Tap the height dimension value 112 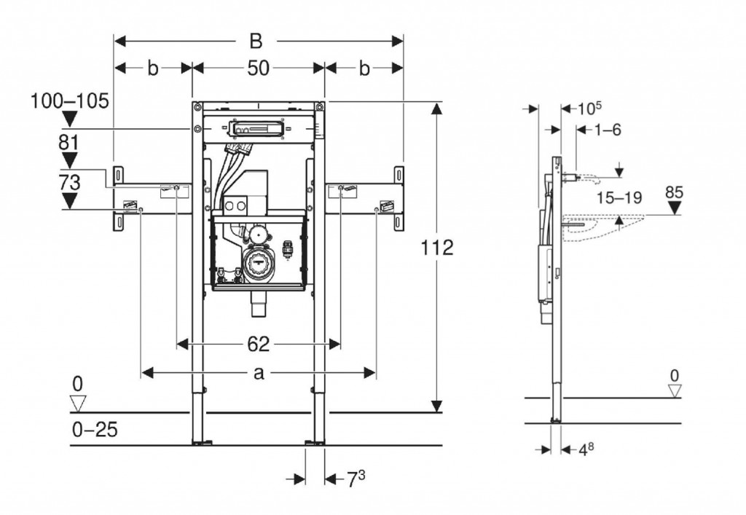pos(437,248)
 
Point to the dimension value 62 pos(258,343)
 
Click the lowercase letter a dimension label pos(258,373)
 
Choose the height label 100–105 pos(69,101)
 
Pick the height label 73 pos(69,181)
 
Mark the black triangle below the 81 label pos(70,160)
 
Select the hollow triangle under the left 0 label pos(78,402)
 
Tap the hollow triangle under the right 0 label pos(675,391)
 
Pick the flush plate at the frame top pos(254,130)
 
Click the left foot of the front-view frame pos(199,440)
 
